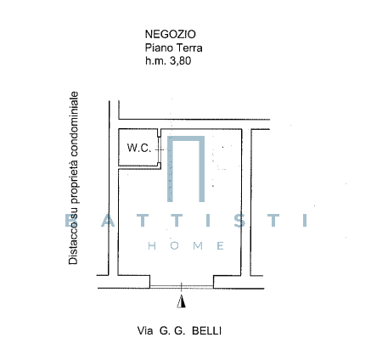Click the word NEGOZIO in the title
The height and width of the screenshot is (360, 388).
(171, 34)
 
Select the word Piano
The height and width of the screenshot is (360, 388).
(158, 48)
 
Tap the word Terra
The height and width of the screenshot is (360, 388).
(188, 48)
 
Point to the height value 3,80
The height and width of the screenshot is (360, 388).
(180, 61)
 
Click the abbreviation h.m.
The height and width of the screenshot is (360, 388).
(155, 61)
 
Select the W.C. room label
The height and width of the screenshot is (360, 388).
(139, 148)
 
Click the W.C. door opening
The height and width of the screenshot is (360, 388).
(160, 149)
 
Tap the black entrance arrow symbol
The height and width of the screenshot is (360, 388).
(182, 301)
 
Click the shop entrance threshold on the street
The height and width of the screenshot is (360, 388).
(182, 287)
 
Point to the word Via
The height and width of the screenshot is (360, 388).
(145, 330)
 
